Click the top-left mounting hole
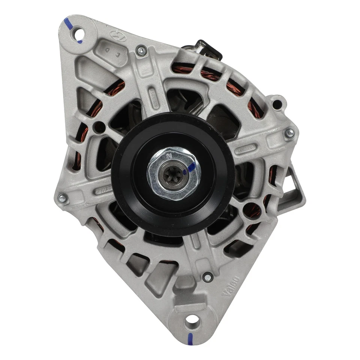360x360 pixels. [79, 33]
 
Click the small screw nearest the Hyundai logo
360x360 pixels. [141, 51]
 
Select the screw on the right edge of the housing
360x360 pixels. [289, 133]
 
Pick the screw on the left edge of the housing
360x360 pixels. [62, 198]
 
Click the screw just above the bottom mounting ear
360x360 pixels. [207, 277]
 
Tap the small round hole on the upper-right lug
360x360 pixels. [277, 103]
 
